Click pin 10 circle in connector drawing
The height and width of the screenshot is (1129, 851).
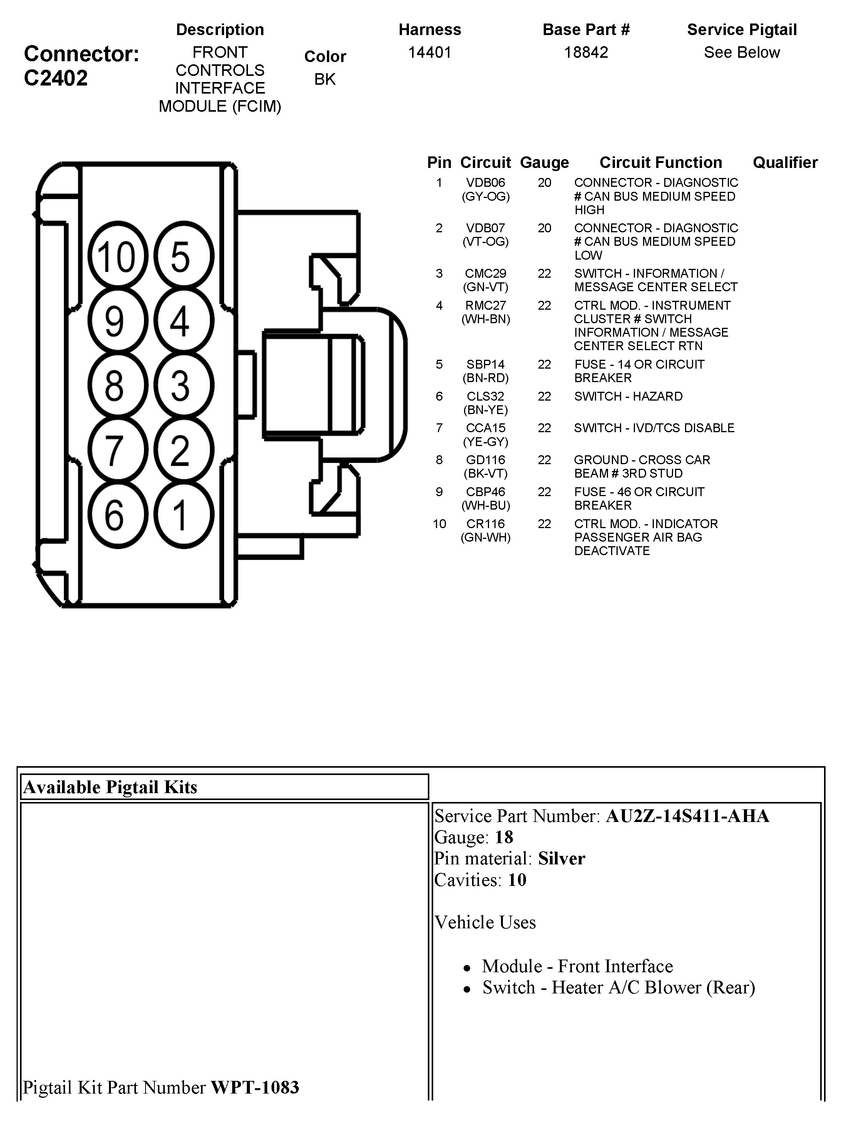117,256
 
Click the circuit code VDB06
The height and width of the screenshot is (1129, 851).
485,183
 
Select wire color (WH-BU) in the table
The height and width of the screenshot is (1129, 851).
485,505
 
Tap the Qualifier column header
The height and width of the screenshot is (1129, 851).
785,162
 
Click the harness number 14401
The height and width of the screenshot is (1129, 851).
430,52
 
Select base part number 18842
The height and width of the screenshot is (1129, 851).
586,52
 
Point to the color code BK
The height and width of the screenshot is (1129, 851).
325,79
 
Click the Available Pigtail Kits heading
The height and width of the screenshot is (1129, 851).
110,787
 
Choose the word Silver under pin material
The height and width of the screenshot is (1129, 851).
561,859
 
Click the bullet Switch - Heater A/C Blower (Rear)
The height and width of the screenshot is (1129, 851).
618,988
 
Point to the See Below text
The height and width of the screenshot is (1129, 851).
741,52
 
